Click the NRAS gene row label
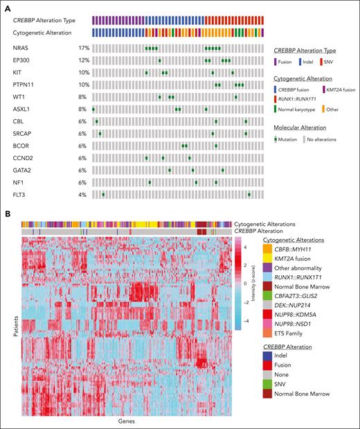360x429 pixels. pyautogui.click(x=21, y=49)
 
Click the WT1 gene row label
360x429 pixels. pyautogui.click(x=19, y=98)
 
